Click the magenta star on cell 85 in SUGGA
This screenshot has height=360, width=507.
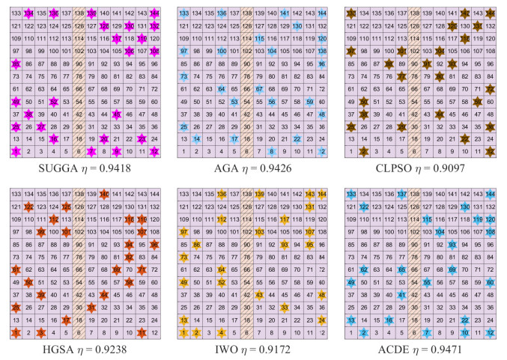16,64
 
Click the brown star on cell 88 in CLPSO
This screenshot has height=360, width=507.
388,64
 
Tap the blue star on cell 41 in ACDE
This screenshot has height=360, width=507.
401,296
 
